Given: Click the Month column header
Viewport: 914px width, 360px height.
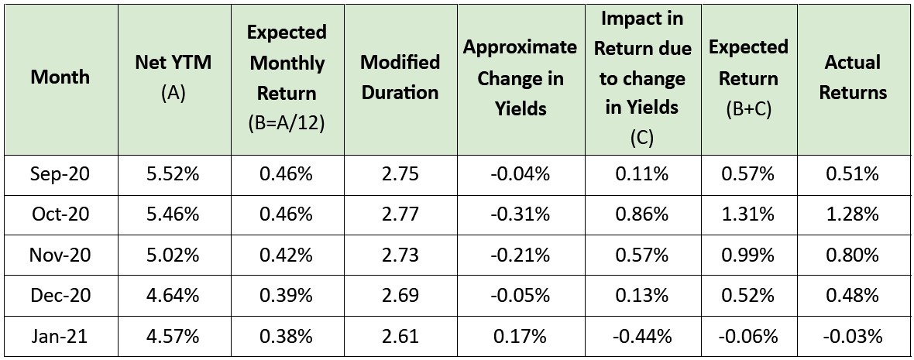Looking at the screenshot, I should (60, 77).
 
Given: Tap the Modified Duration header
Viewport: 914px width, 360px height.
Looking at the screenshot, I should (400, 77).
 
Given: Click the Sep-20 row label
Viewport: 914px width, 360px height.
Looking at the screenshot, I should (60, 173).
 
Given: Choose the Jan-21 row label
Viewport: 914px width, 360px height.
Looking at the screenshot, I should (60, 337).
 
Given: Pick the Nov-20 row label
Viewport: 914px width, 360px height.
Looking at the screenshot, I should (60, 255).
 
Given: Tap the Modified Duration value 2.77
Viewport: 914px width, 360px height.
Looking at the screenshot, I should (400, 214).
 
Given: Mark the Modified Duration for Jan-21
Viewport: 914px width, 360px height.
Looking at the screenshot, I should (400, 337).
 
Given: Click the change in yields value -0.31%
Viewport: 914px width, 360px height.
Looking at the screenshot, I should (520, 214).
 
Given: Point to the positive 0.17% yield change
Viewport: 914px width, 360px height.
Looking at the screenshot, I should (520, 337).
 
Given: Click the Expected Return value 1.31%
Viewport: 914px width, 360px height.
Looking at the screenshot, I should (748, 214).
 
